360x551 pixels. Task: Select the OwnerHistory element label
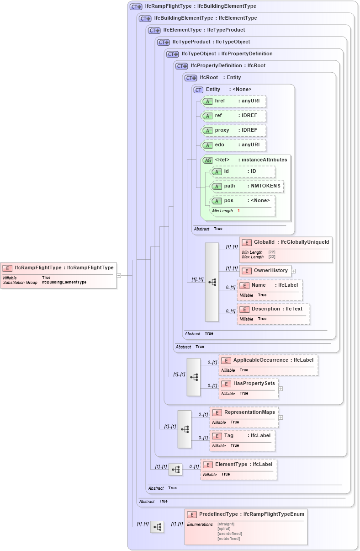(x=270, y=271)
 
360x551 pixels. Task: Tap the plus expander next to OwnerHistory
(x=293, y=271)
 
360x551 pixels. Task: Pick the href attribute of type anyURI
(x=233, y=101)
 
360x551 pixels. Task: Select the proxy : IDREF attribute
(x=233, y=130)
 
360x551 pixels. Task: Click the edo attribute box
(x=233, y=145)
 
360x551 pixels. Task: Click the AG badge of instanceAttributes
(x=208, y=160)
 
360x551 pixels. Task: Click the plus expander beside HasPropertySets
(x=281, y=389)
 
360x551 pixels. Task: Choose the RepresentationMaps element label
(x=249, y=412)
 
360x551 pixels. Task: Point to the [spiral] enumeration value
(x=224, y=529)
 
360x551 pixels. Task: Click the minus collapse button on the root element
(x=118, y=275)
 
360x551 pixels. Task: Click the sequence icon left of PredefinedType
(x=157, y=527)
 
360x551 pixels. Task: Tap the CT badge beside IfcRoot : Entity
(x=191, y=78)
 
